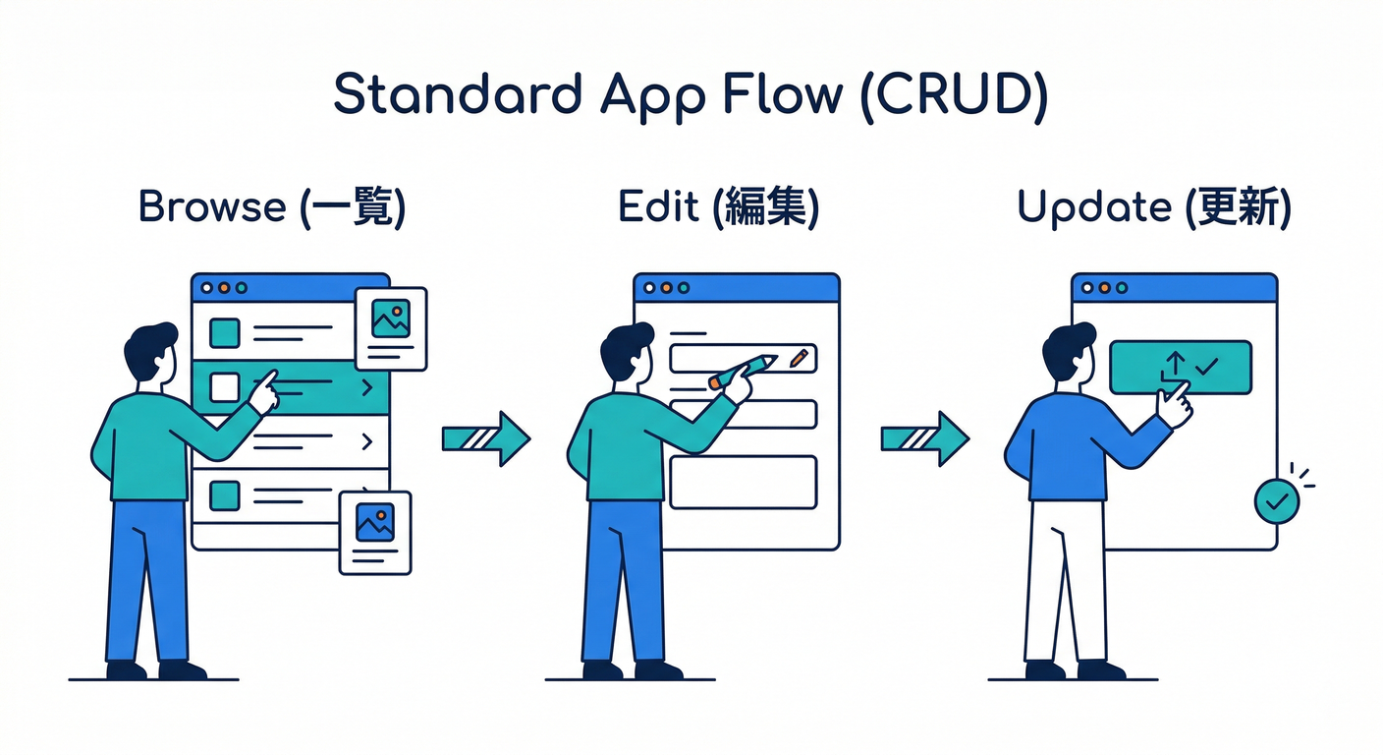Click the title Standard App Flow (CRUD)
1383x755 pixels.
click(691, 96)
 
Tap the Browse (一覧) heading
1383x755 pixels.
click(272, 208)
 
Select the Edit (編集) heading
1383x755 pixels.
click(718, 208)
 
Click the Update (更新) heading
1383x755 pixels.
click(1153, 208)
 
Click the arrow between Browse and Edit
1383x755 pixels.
click(485, 438)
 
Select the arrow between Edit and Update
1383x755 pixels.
click(923, 438)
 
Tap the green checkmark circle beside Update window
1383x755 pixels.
click(1276, 501)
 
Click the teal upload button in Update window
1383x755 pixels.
click(1180, 367)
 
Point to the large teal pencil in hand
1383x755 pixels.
click(743, 372)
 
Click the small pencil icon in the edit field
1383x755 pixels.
click(799, 358)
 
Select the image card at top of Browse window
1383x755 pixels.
click(390, 328)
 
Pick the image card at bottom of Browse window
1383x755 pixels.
click(374, 532)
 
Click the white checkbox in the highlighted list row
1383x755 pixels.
click(225, 387)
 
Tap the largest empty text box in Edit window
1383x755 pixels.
click(743, 482)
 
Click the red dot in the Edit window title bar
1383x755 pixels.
click(667, 289)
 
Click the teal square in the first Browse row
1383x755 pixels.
click(225, 333)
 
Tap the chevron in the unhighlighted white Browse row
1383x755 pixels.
click(367, 442)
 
